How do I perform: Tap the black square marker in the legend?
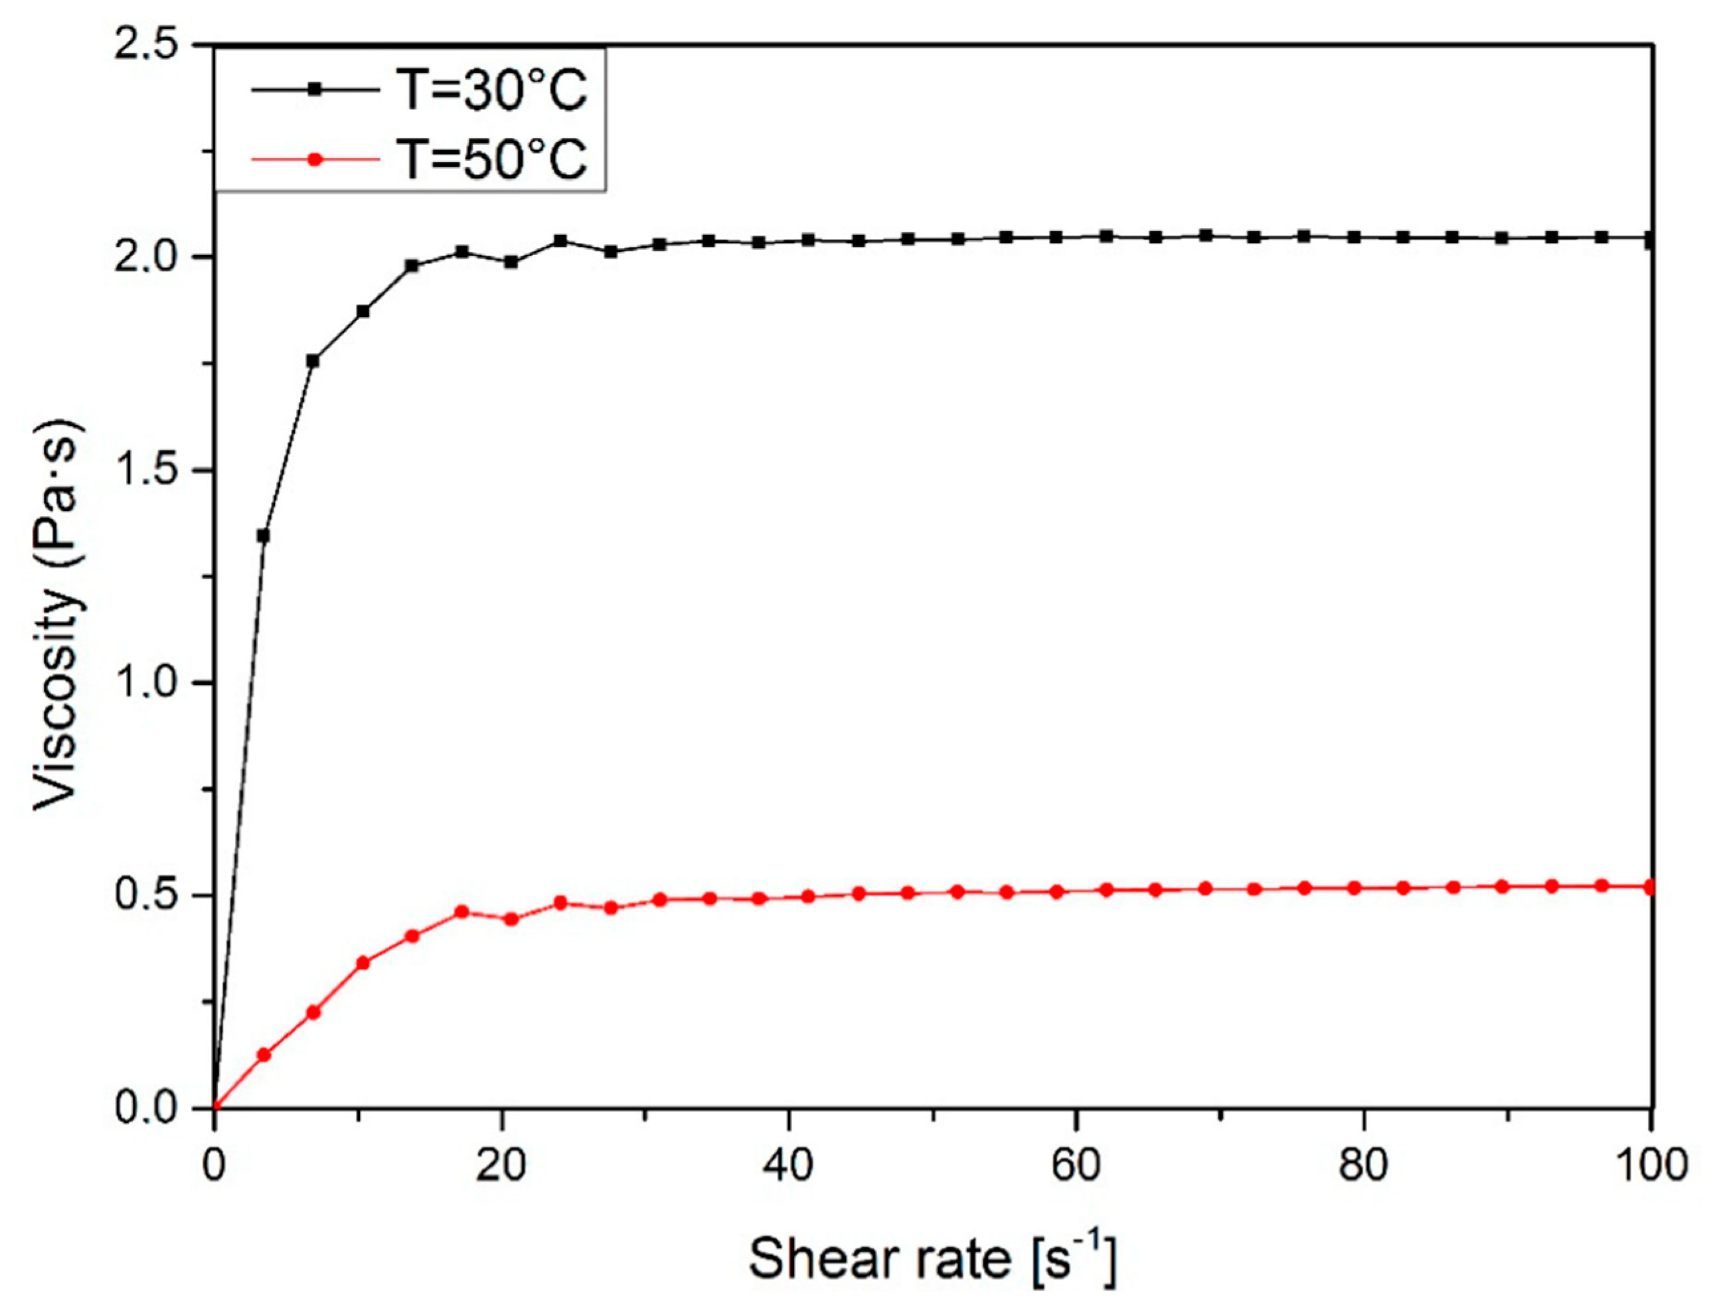[x=315, y=90]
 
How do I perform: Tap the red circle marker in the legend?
[x=315, y=159]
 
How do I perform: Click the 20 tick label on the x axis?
[x=501, y=1165]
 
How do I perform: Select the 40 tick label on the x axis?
[x=788, y=1165]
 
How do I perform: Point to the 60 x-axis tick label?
[x=1076, y=1165]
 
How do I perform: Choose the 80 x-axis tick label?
[x=1364, y=1165]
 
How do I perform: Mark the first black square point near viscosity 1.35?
[x=264, y=536]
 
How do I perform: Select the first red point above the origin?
[x=264, y=1055]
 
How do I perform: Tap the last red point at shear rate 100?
[x=1649, y=887]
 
